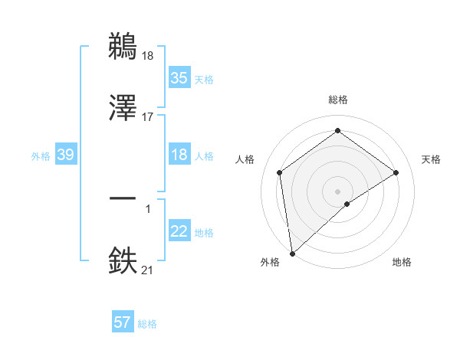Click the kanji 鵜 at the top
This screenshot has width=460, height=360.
[123, 46]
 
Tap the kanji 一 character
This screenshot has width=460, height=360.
[123, 198]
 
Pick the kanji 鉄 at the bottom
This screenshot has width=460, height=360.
[123, 259]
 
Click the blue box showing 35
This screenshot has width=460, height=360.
[179, 78]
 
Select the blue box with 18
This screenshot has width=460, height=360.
[179, 155]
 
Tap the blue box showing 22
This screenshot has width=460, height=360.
[179, 231]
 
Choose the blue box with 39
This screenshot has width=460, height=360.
[65, 155]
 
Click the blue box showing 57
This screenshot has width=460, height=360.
[122, 322]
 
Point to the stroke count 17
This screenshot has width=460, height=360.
[148, 116]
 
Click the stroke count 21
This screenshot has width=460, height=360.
[148, 270]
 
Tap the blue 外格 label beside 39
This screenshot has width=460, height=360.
[41, 155]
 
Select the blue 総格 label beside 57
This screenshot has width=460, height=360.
[147, 323]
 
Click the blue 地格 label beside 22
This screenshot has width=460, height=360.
[204, 232]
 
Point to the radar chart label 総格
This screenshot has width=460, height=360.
[337, 100]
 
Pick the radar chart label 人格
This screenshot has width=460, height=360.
[245, 159]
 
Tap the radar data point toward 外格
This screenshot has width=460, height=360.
[292, 254]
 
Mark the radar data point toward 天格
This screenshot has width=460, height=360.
[396, 172]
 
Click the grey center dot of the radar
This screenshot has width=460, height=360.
[337, 191]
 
